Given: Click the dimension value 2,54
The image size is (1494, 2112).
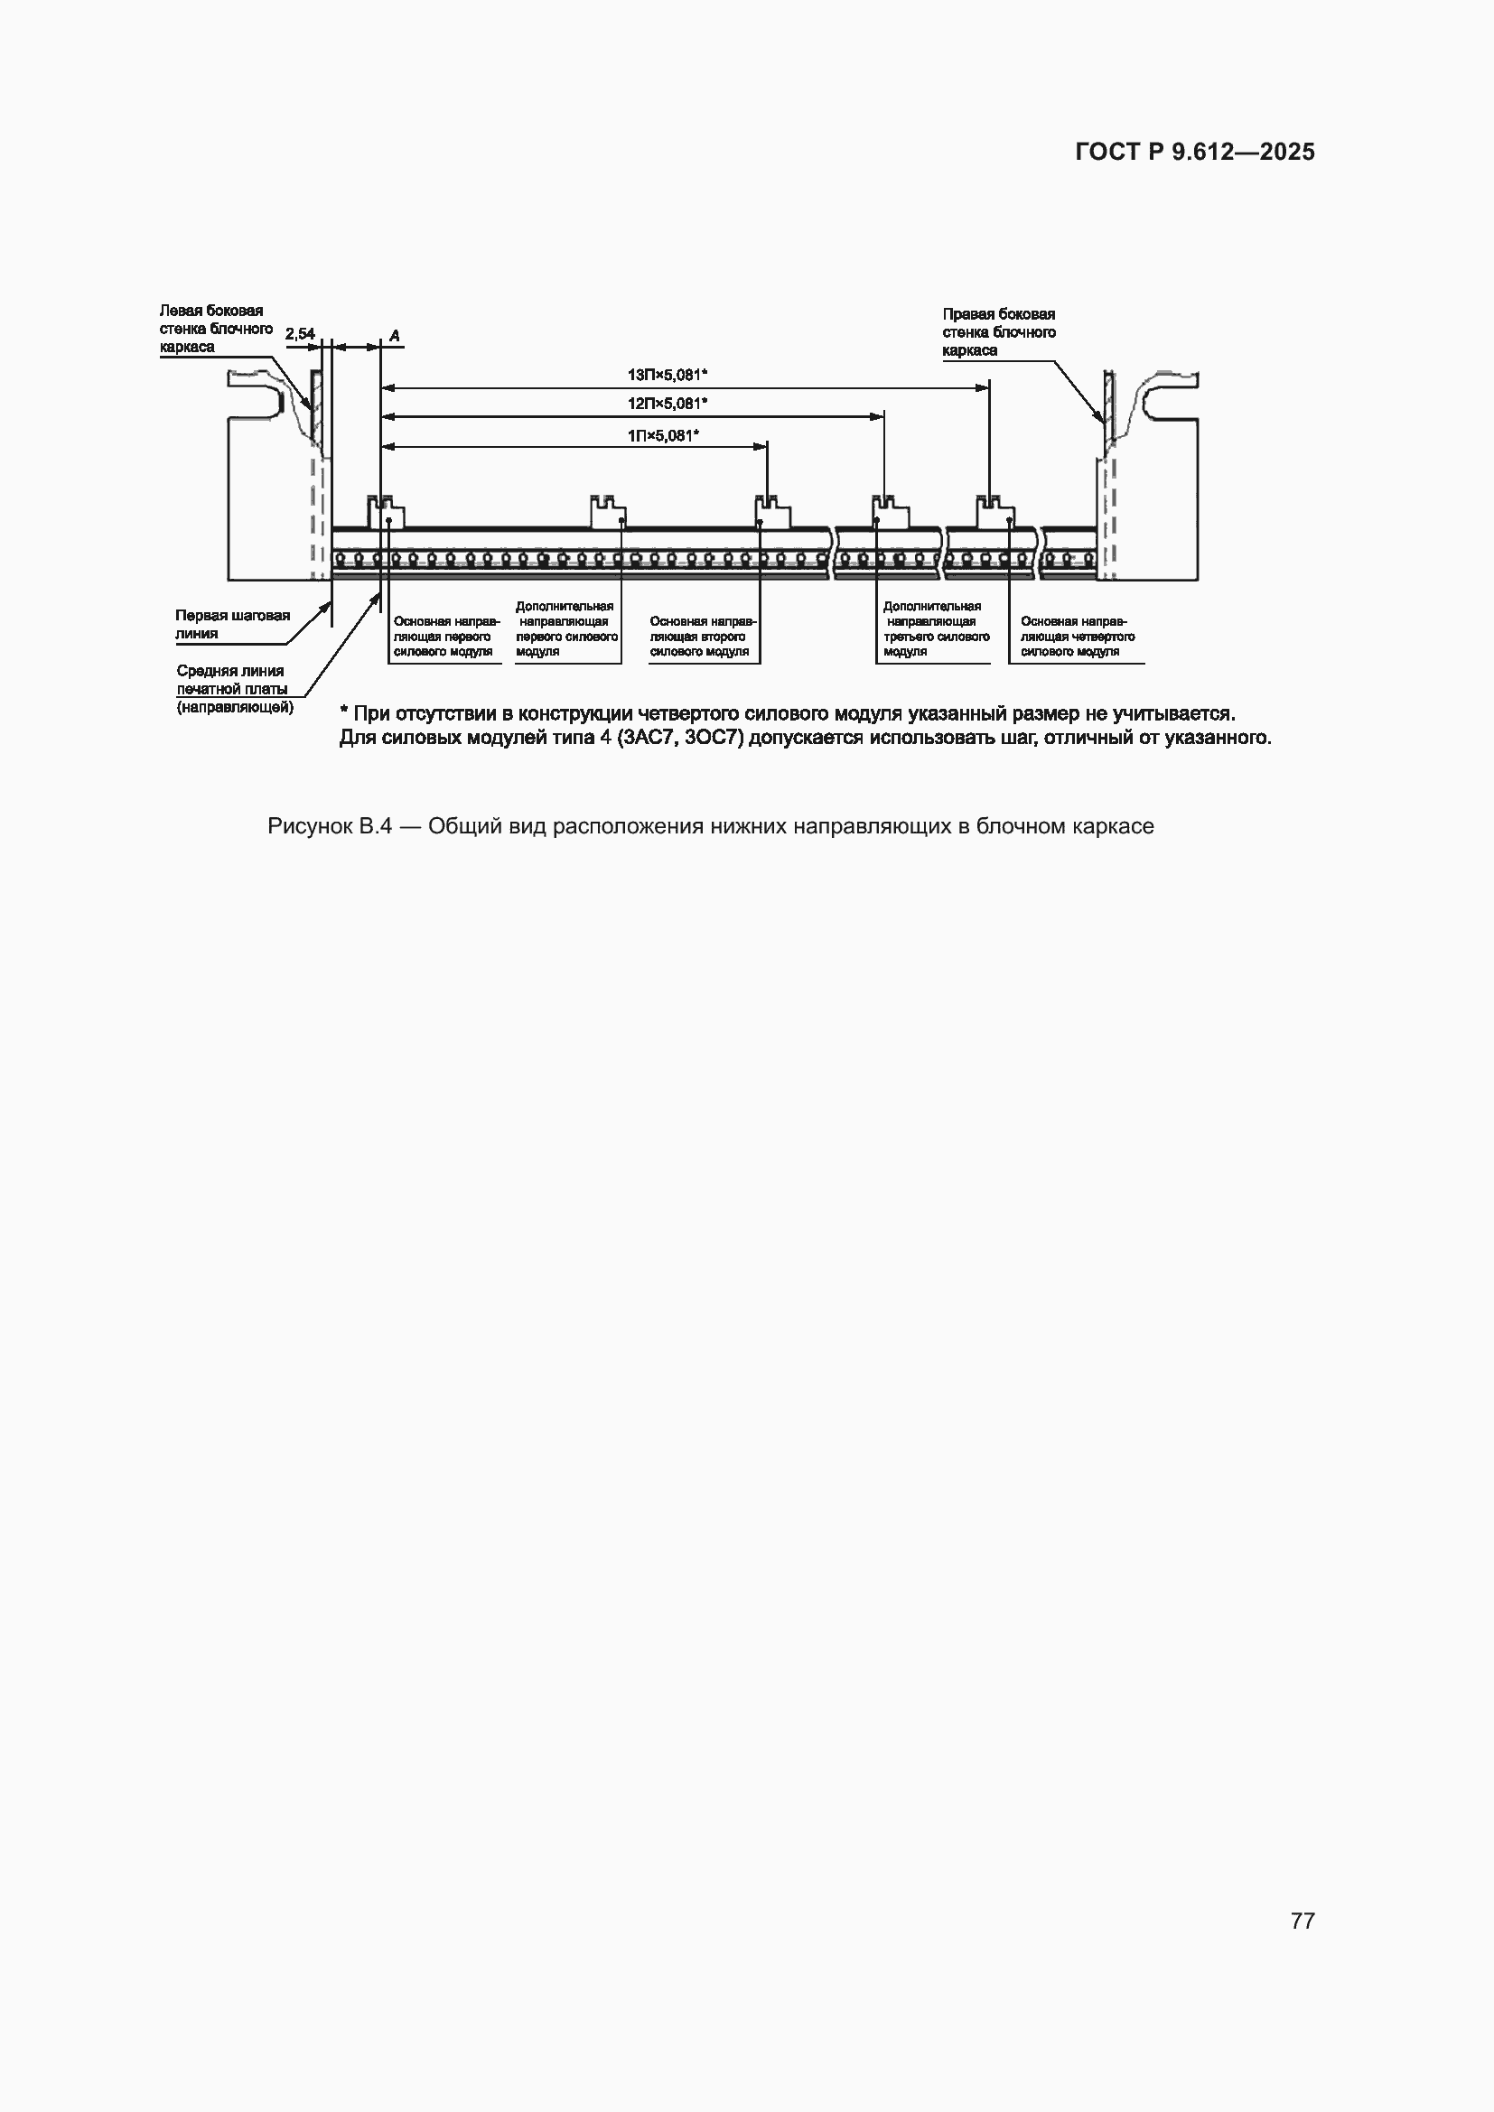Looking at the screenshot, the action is click(300, 334).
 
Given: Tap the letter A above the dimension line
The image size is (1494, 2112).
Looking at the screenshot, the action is click(395, 336).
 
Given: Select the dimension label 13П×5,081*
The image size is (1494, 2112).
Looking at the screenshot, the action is click(667, 375).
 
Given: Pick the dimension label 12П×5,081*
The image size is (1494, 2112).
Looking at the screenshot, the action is click(667, 403).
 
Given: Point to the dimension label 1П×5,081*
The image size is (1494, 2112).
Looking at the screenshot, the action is click(663, 435).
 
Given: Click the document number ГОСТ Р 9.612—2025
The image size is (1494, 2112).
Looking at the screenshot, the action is click(1195, 152).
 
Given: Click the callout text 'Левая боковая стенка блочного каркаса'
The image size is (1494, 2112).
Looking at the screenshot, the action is click(216, 329).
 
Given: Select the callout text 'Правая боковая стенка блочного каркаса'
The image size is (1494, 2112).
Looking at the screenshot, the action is click(999, 332).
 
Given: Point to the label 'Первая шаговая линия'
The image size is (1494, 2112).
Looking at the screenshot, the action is click(233, 624).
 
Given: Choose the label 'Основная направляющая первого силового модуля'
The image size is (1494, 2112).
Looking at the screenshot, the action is click(447, 637).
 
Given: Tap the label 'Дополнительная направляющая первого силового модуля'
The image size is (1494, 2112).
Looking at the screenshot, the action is click(565, 629).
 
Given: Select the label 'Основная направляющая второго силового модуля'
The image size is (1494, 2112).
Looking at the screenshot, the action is click(703, 637).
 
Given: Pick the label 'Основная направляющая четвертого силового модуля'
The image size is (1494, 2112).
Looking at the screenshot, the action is click(1078, 637).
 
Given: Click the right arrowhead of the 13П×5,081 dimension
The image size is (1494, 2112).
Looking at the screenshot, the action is click(983, 388).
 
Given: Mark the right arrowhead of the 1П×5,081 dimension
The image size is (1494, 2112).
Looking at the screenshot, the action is click(761, 447).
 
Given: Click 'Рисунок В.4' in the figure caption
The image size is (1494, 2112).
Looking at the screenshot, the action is click(330, 826).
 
